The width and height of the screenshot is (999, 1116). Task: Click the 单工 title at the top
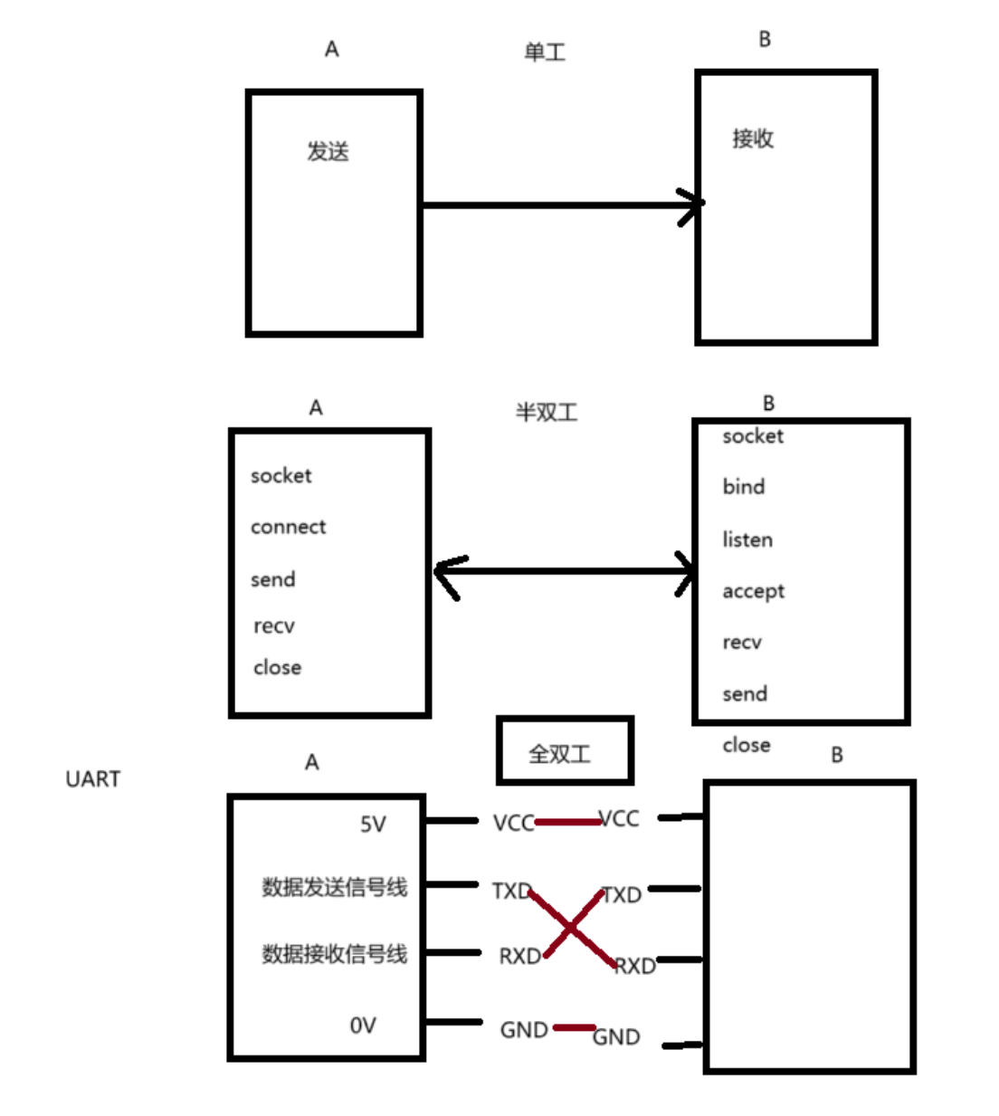[545, 52]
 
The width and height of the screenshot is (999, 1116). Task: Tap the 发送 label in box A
[328, 151]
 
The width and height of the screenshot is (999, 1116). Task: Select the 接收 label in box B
[753, 138]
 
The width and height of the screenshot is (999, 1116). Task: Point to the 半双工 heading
[546, 413]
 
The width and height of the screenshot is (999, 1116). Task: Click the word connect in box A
[288, 527]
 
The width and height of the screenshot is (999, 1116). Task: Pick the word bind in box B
[743, 487]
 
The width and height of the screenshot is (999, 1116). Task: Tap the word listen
[747, 540]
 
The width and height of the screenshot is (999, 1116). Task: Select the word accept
[753, 592]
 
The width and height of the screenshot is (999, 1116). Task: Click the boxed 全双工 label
[560, 753]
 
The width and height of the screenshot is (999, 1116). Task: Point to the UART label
[92, 779]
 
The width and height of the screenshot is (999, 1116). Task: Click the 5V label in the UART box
[373, 825]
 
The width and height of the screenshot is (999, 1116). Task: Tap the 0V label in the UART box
[363, 1025]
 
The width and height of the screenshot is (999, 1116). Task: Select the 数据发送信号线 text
[334, 887]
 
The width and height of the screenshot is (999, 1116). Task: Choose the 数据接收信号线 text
[334, 954]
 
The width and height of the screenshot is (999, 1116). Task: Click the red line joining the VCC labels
[567, 822]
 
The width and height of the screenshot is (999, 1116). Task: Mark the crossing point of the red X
[571, 928]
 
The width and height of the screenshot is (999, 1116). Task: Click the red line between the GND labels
[574, 1027]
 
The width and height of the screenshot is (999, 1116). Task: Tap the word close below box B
[747, 746]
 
